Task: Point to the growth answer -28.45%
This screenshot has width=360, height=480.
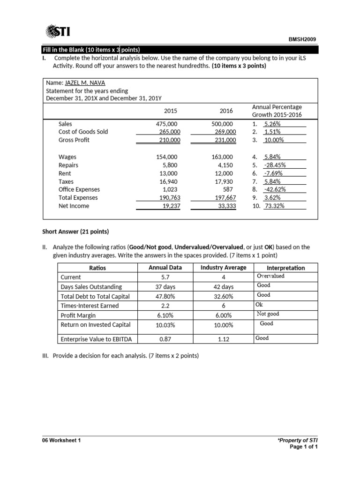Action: click(275, 165)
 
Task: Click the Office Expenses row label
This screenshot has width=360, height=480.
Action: click(79, 189)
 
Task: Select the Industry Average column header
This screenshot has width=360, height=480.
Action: click(223, 268)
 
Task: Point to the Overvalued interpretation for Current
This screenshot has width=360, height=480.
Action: click(270, 276)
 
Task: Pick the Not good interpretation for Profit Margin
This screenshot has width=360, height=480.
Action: click(268, 314)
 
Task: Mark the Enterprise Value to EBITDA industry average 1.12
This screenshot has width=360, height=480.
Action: click(223, 338)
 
